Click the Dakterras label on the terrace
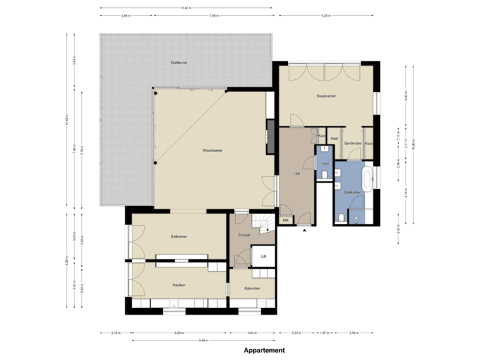(x=179, y=63)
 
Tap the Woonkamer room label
(x=212, y=151)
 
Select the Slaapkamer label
(x=326, y=96)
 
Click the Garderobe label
(x=353, y=143)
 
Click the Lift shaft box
(x=263, y=255)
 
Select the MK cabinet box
(x=286, y=221)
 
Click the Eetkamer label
(x=179, y=236)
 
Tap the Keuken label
(x=179, y=285)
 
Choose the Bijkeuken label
(x=252, y=288)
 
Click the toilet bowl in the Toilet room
(x=323, y=175)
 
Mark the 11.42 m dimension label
(x=186, y=8)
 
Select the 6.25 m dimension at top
(x=326, y=15)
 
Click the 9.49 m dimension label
(x=203, y=340)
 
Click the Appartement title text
(x=265, y=350)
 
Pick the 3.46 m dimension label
(x=126, y=15)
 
